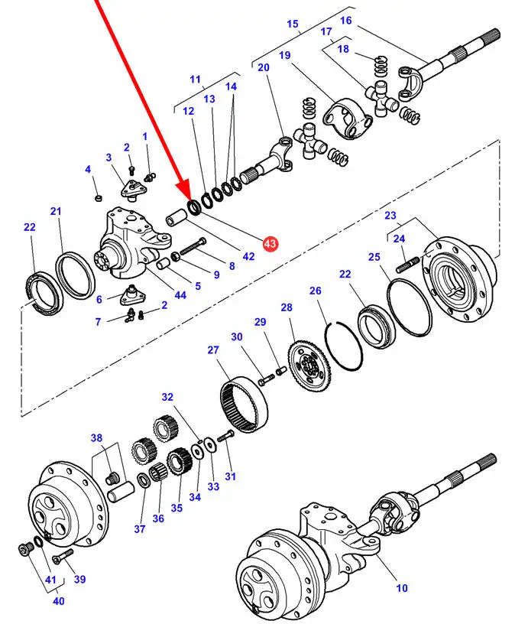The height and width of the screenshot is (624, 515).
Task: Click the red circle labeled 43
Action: [270, 244]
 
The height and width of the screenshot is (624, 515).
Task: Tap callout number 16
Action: [346, 21]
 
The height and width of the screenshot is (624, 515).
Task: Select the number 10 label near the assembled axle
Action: [402, 588]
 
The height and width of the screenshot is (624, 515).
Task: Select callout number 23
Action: [390, 216]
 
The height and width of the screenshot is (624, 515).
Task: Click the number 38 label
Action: [96, 438]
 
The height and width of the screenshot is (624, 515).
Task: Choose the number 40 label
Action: [58, 600]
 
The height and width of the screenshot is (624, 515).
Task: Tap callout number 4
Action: [88, 169]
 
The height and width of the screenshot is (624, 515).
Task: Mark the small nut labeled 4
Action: [98, 200]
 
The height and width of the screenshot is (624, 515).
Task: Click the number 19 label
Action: [285, 56]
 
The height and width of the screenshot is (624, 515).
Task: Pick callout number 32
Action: [167, 397]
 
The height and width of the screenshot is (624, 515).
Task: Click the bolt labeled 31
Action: [225, 437]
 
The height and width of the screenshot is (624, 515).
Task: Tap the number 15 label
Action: [292, 24]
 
